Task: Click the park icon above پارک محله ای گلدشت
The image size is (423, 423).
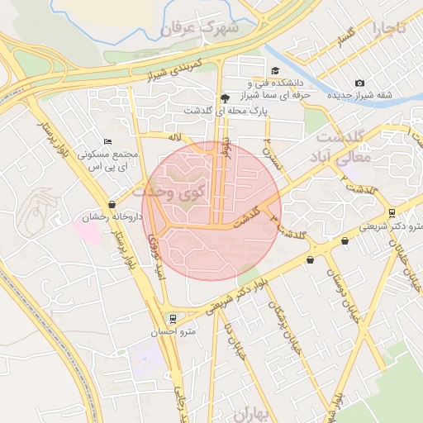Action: point(225,97)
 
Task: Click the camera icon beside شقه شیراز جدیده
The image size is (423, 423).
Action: point(359,83)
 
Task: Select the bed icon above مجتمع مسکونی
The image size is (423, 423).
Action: point(107,142)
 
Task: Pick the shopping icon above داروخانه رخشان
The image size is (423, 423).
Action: point(112,204)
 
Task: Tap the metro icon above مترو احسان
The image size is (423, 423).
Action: point(172,318)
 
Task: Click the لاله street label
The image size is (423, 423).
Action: point(173,137)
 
